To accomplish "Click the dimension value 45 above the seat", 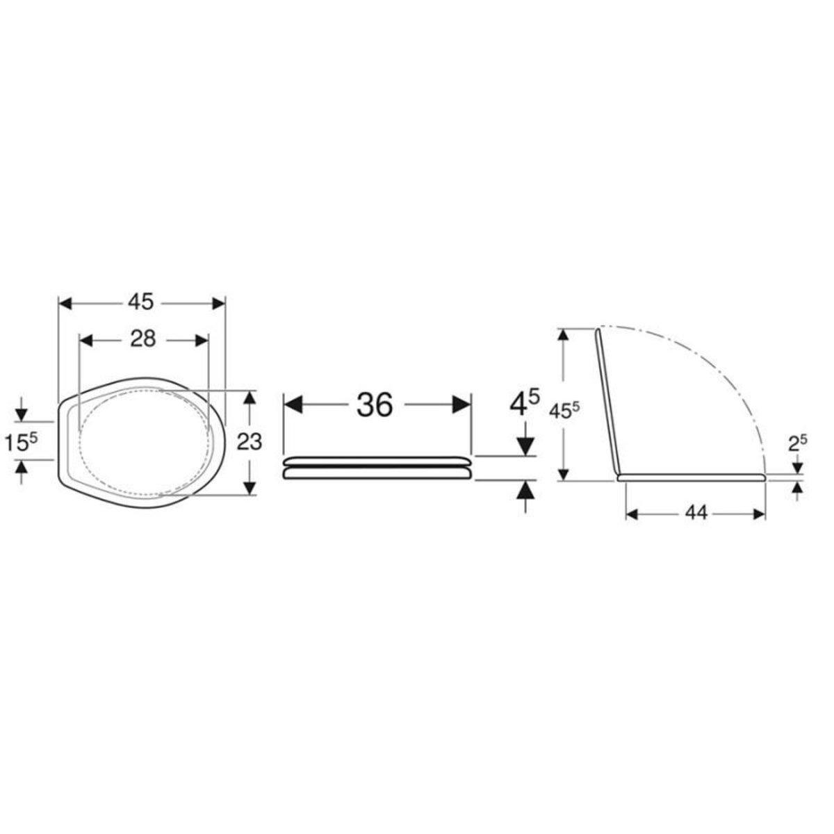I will [x=142, y=303].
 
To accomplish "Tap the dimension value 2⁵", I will [x=797, y=442].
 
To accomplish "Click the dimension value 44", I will [x=695, y=513].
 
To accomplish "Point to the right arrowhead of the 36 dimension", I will [x=462, y=404].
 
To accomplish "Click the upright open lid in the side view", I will [x=607, y=403].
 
